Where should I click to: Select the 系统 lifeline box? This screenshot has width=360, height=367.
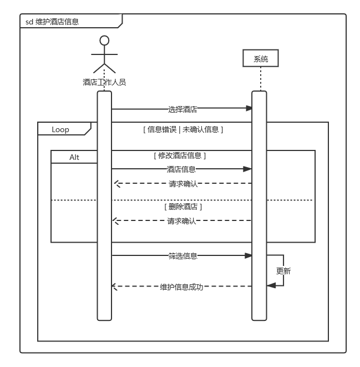coord(260,58)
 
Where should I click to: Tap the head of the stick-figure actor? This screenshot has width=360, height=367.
coord(104,41)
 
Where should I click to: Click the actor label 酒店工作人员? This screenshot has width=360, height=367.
coord(104,82)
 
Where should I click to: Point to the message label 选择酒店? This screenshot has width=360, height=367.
coord(182,109)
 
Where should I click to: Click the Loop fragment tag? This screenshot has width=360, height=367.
coord(60,129)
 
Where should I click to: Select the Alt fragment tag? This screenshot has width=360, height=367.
coord(74,157)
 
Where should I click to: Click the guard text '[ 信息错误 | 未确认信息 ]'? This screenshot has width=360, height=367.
coord(183,129)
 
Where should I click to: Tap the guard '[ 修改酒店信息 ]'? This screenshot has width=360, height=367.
coord(180,156)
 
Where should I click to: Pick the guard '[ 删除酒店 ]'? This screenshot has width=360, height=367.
coord(183,207)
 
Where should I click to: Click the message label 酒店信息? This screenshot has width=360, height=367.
coord(181,169)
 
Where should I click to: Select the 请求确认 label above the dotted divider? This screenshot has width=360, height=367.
coord(183,184)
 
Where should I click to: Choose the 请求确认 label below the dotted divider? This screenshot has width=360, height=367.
coord(181,221)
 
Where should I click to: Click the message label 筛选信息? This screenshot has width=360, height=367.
coord(182,256)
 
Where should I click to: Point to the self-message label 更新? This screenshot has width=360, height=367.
coord(283,271)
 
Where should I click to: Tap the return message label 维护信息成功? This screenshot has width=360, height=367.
coord(181,287)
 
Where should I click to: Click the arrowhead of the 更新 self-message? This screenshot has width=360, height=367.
coord(270,285)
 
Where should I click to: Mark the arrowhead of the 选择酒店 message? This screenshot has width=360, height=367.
coord(249,108)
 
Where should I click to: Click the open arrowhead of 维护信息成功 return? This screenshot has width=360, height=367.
coord(114,286)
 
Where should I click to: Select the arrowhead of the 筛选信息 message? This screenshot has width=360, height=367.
coord(249,255)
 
